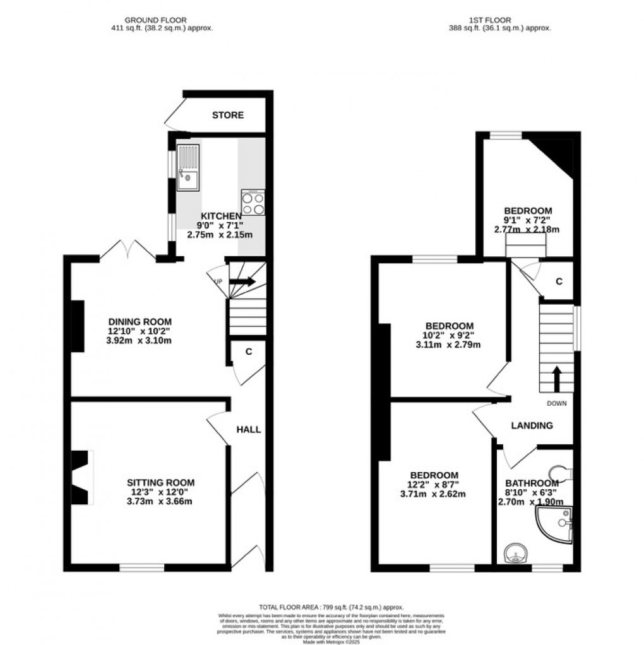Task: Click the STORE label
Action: click(x=228, y=115)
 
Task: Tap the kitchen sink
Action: click(x=188, y=167)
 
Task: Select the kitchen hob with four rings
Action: click(x=253, y=203)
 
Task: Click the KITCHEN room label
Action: click(x=220, y=216)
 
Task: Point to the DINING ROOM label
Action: click(x=139, y=322)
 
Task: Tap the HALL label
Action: click(x=249, y=429)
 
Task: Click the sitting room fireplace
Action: click(x=81, y=477)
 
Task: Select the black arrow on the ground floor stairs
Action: click(x=242, y=281)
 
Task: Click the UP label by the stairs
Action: click(x=218, y=281)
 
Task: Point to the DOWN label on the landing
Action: click(x=557, y=403)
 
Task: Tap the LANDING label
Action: click(x=532, y=425)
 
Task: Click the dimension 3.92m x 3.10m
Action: click(x=139, y=341)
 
